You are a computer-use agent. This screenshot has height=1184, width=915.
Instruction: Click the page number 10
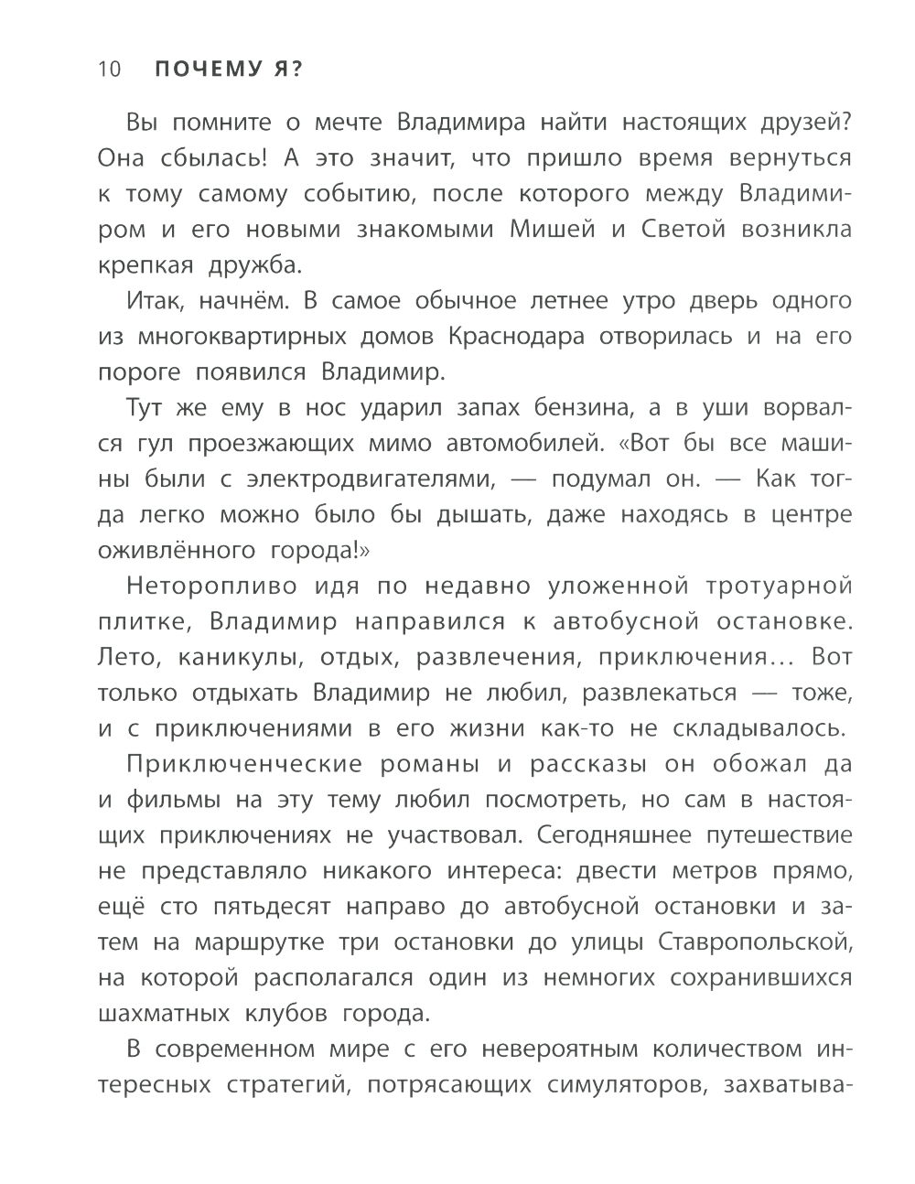coord(109,70)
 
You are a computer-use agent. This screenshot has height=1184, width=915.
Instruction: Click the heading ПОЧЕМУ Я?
coord(228,70)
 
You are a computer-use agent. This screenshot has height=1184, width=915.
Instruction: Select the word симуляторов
coord(624,1086)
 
